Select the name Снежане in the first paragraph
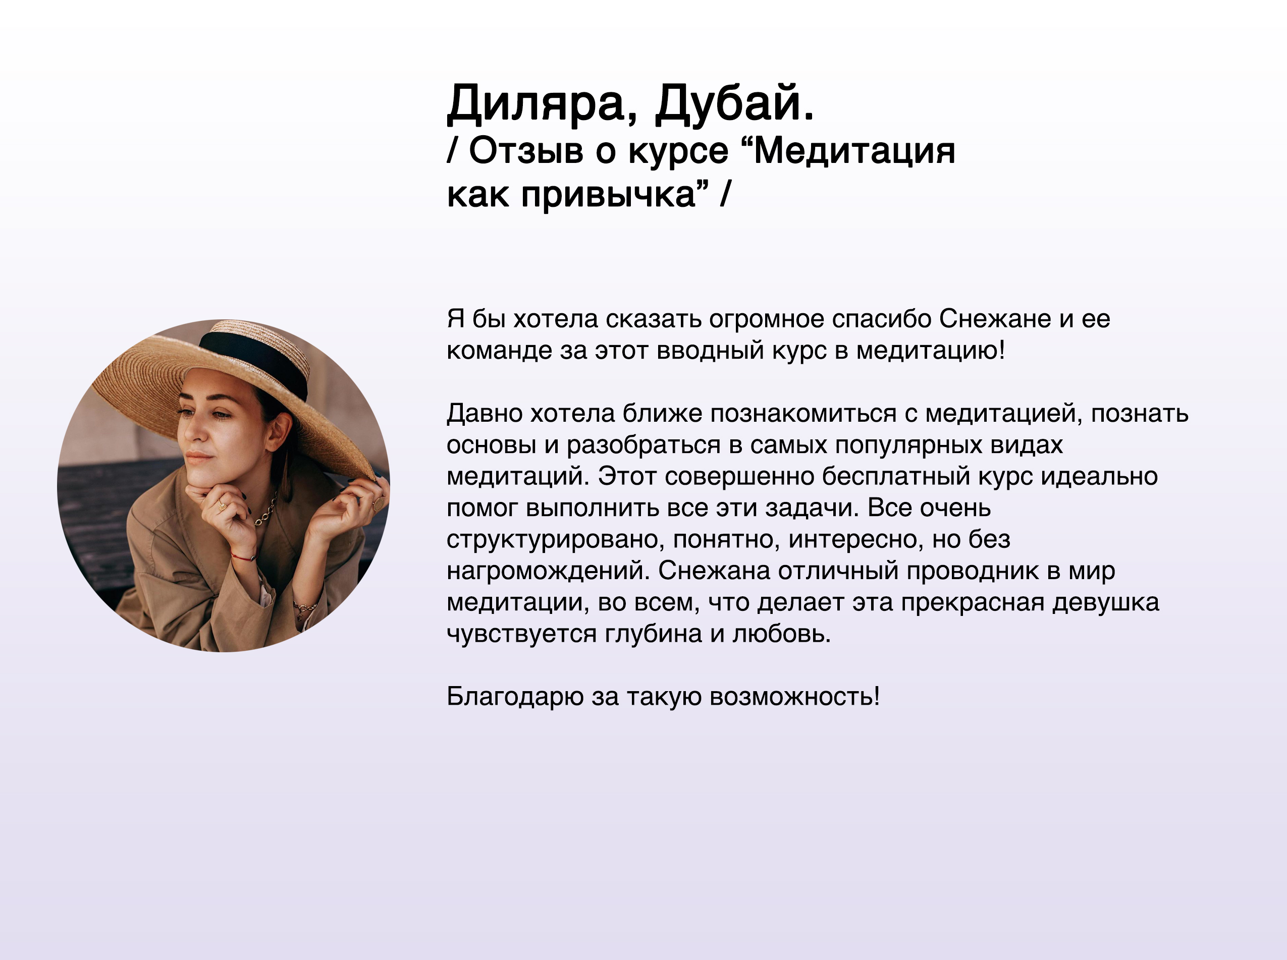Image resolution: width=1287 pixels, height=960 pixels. pyautogui.click(x=995, y=318)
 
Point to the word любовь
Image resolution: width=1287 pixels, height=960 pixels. pyautogui.click(x=781, y=634)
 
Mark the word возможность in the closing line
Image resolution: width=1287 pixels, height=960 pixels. pyautogui.click(x=794, y=697)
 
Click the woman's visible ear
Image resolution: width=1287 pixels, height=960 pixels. pyautogui.click(x=280, y=432)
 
